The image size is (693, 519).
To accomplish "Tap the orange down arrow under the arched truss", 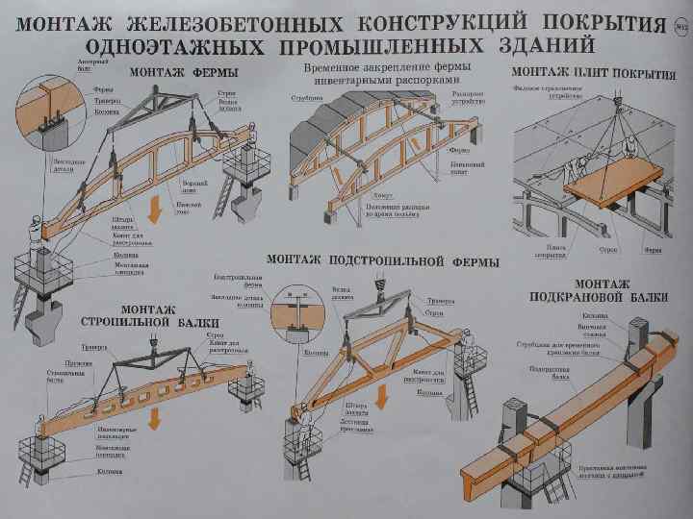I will tap(154, 206).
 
